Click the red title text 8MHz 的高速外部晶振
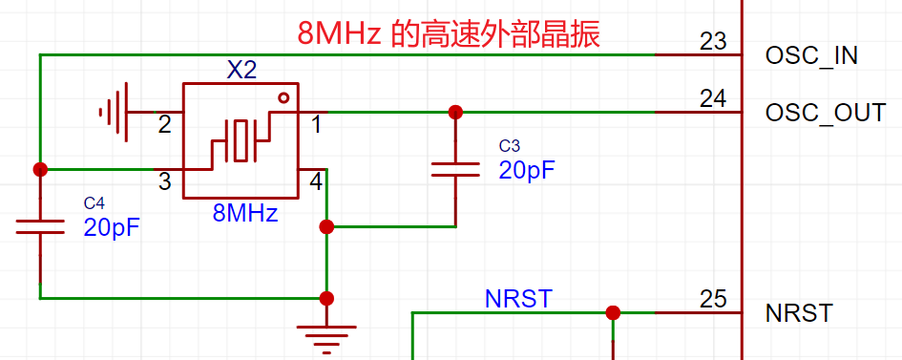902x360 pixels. [449, 35]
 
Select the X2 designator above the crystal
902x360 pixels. [241, 71]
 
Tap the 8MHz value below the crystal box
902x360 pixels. [245, 213]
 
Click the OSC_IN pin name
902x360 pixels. [811, 55]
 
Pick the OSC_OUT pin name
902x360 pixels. [826, 113]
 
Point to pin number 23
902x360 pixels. [713, 41]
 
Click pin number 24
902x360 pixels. [713, 98]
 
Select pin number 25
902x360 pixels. [713, 299]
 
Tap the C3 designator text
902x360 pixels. [509, 145]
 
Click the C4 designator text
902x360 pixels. [94, 203]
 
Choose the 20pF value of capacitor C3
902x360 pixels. [527, 170]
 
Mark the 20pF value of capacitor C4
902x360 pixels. [113, 227]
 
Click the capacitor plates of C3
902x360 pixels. [455, 170]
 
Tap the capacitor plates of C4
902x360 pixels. [40, 226]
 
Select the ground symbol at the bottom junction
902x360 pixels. [326, 339]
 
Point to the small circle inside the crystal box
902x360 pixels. [283, 97]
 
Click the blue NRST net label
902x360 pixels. [519, 299]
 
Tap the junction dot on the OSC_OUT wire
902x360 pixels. [455, 112]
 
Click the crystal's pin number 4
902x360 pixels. [316, 182]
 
